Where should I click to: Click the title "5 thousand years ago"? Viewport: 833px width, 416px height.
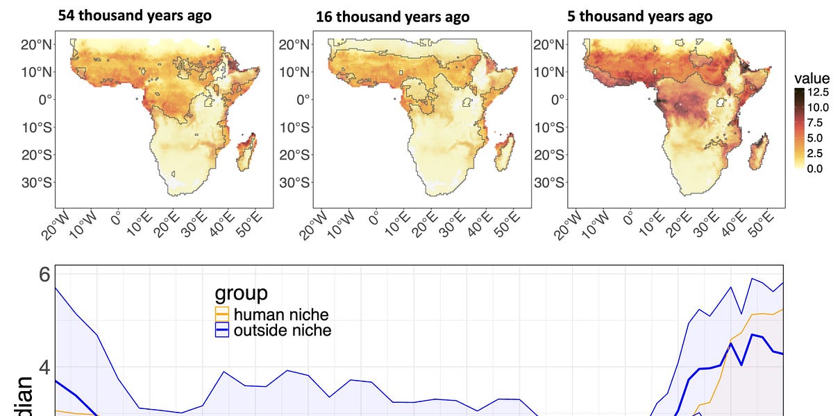tap(646, 16)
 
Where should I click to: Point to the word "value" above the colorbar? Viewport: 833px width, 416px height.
tap(813, 78)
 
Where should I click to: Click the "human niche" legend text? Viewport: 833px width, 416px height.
tap(281, 315)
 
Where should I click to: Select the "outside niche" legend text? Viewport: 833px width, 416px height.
tap(283, 330)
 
